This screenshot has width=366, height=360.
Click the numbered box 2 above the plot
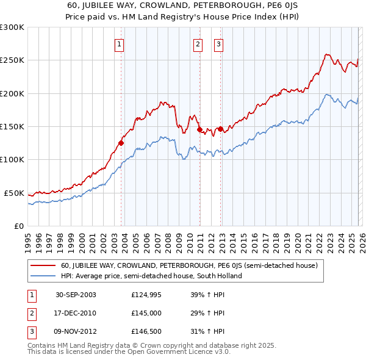tap(198, 44)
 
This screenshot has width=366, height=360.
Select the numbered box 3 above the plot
tap(218, 44)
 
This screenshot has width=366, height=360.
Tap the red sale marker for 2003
tap(121, 143)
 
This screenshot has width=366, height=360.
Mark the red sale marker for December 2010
tap(199, 130)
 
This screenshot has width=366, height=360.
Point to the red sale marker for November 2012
tap(220, 129)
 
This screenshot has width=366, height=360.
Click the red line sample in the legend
tap(43, 266)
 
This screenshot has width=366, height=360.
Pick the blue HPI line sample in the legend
tap(43, 276)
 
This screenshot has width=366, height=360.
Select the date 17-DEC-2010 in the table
tap(76, 313)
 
